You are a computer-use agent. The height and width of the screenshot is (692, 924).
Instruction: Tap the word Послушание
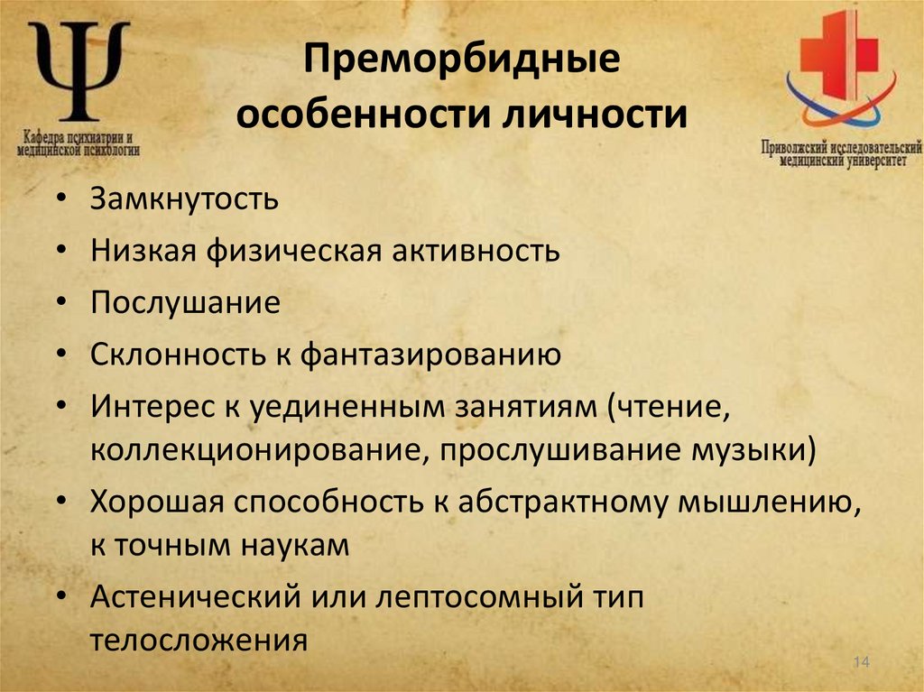click(x=185, y=302)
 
